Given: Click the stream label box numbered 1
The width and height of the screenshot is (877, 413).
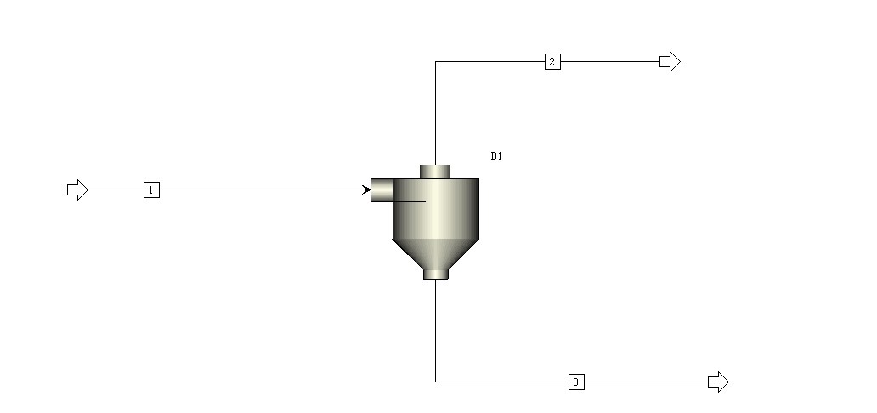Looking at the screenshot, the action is pyautogui.click(x=151, y=190).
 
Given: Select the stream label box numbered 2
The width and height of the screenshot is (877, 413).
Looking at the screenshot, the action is pyautogui.click(x=552, y=61).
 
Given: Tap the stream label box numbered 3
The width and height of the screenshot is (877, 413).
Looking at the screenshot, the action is pyautogui.click(x=576, y=382).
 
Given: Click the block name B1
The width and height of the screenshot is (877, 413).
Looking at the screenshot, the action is pyautogui.click(x=496, y=156).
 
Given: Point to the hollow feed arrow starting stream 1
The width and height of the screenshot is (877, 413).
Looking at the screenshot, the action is pyautogui.click(x=77, y=190).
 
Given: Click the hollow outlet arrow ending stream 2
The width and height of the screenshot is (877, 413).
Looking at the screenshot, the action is pyautogui.click(x=670, y=61).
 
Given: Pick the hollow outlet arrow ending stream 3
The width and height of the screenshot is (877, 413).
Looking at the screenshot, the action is pyautogui.click(x=718, y=382).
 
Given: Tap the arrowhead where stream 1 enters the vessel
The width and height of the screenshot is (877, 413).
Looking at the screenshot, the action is pyautogui.click(x=367, y=190).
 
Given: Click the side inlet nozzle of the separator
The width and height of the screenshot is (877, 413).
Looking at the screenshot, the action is pyautogui.click(x=382, y=190).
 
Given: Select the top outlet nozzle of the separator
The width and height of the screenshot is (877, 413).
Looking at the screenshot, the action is pyautogui.click(x=435, y=172).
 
